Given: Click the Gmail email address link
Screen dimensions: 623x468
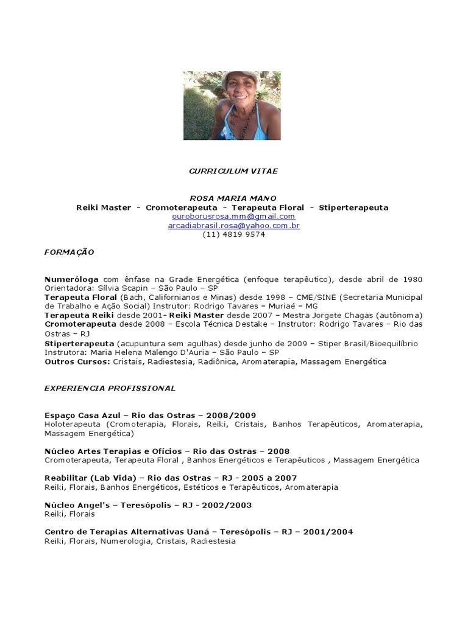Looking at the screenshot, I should coord(234,217).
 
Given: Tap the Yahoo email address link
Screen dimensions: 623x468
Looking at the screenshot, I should coord(234,226).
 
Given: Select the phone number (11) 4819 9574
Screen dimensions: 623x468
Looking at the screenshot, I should coord(234,234).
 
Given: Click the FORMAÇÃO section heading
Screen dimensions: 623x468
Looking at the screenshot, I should coord(69,252).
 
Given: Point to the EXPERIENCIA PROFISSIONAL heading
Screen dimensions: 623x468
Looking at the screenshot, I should coord(110,388).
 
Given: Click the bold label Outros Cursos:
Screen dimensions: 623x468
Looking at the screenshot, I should coord(77,361).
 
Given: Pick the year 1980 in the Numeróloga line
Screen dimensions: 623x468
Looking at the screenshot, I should coord(412,279).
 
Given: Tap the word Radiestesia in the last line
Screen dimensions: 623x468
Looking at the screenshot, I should coord(213,541).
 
